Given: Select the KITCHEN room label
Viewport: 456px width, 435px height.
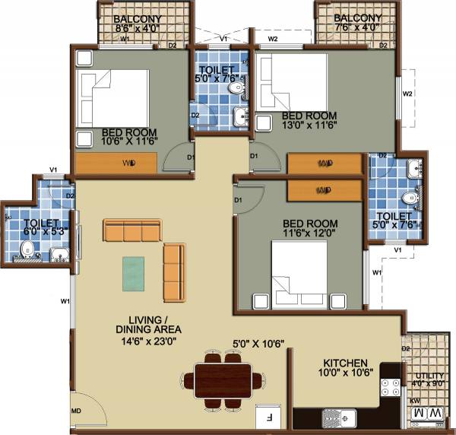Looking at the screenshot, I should tap(344, 363).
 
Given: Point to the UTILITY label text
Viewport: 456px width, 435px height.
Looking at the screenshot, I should tap(423, 376).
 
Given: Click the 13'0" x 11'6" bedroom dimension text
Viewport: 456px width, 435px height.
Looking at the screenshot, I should tap(315, 125).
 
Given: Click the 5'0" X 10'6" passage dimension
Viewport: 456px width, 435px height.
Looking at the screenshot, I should tap(258, 344).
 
